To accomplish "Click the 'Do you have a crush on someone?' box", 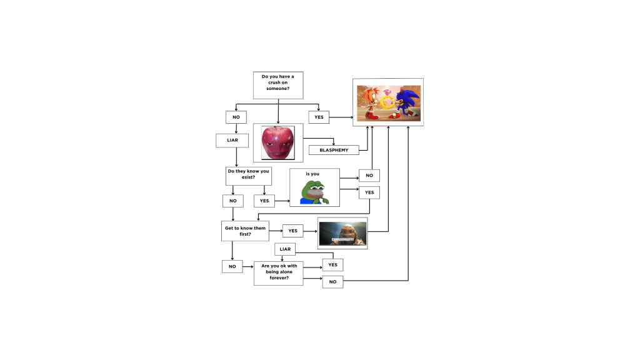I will (278, 85).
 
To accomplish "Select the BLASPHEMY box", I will (334, 150).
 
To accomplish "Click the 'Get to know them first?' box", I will (245, 231).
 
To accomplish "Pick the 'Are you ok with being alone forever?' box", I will (278, 273).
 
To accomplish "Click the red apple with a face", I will (277, 142).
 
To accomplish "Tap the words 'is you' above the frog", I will (312, 174).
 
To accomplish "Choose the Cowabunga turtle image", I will (342, 234).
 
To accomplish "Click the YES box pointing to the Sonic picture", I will (319, 117).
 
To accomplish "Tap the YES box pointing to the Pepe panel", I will (264, 201).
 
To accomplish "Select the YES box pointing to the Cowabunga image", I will (292, 231).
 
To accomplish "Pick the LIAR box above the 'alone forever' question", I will (285, 249).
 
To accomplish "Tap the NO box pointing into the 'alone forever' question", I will (232, 266).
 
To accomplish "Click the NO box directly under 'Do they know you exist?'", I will (232, 201).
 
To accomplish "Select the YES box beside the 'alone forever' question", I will (332, 265).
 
